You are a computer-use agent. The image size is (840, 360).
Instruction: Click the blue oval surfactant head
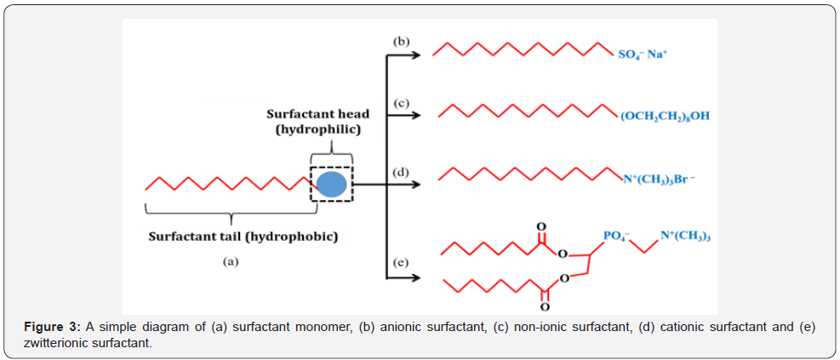pos(331,185)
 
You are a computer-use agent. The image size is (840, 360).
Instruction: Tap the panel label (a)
pos(231,262)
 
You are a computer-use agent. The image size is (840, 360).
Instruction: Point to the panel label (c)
pos(401,103)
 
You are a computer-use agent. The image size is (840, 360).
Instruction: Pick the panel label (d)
pos(401,173)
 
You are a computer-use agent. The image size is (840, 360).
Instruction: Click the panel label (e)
pos(401,263)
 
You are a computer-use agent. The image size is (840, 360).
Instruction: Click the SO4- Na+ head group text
pos(642,54)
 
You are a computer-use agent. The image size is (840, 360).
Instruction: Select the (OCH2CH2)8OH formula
pos(665,117)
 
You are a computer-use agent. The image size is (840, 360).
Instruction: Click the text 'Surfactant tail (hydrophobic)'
pos(243,237)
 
